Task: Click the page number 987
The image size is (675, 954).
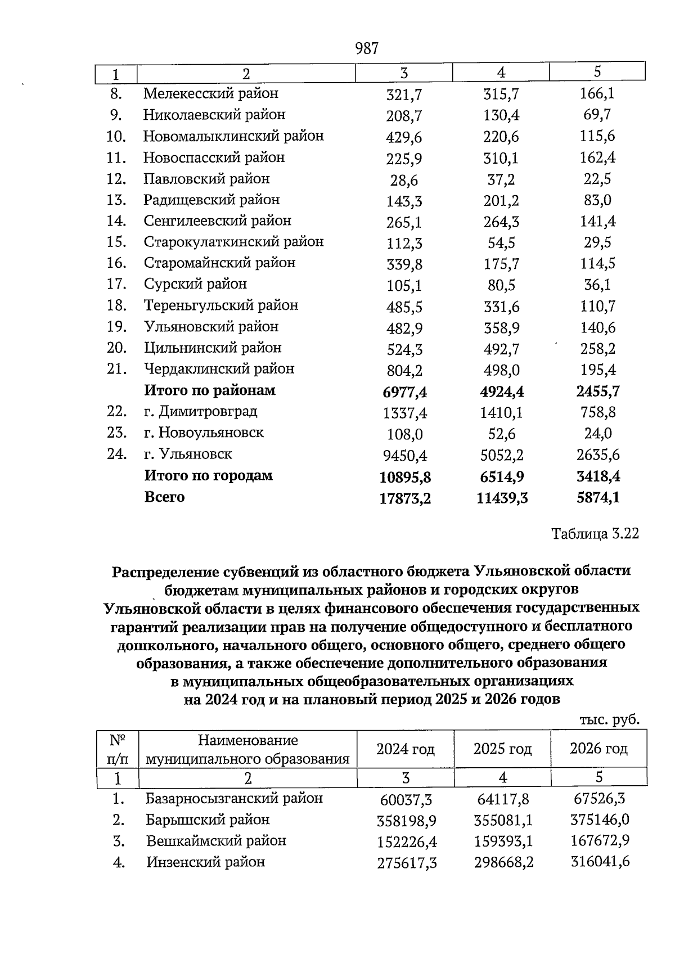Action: pyautogui.click(x=367, y=49)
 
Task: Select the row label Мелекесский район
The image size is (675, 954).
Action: pyautogui.click(x=211, y=93)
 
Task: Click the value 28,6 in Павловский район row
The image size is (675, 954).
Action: pyautogui.click(x=404, y=181)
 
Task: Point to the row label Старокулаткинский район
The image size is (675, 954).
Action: pyautogui.click(x=233, y=242)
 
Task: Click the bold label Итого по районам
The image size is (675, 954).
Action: pyautogui.click(x=210, y=390)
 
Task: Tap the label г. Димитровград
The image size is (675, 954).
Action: pyautogui.click(x=200, y=412)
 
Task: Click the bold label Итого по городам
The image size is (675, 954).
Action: pyautogui.click(x=208, y=476)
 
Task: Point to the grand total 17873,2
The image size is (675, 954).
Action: pyautogui.click(x=405, y=498)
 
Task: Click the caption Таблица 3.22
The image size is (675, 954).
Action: pyautogui.click(x=595, y=534)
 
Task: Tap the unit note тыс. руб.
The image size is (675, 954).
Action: pyautogui.click(x=610, y=719)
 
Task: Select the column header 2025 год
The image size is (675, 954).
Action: pyautogui.click(x=502, y=749)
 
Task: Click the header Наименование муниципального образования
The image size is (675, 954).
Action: pyautogui.click(x=247, y=749)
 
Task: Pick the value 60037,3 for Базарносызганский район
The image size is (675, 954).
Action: pyautogui.click(x=406, y=800)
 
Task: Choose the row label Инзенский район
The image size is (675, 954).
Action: pyautogui.click(x=205, y=862)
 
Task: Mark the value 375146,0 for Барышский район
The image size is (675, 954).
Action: pyautogui.click(x=599, y=820)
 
